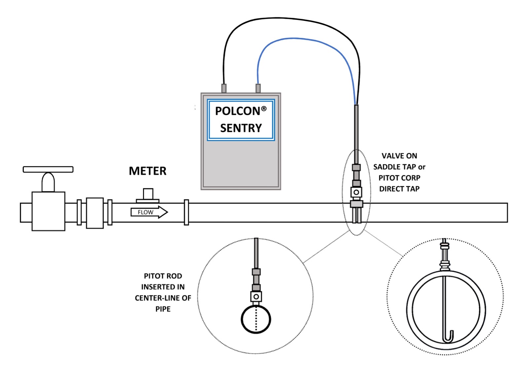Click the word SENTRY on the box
pyautogui.click(x=241, y=128)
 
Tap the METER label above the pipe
pyautogui.click(x=147, y=171)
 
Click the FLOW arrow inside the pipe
pyautogui.click(x=149, y=212)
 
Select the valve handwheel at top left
pyautogui.click(x=48, y=170)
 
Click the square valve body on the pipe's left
pyautogui.click(x=48, y=211)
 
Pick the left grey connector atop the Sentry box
pyautogui.click(x=224, y=88)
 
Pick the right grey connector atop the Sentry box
pyautogui.click(x=258, y=88)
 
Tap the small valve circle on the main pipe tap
pyautogui.click(x=356, y=192)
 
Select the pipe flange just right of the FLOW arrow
pyautogui.click(x=186, y=212)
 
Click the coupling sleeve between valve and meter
pyautogui.click(x=95, y=213)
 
